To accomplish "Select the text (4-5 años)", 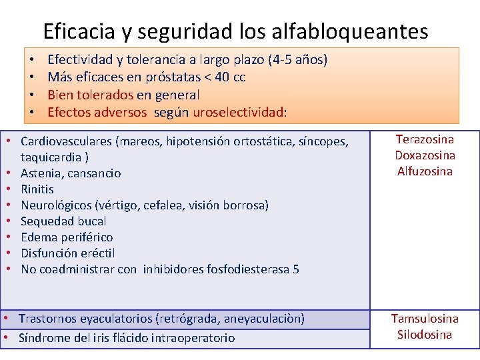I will pyautogui.click(x=297, y=61).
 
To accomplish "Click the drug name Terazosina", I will pyautogui.click(x=425, y=139).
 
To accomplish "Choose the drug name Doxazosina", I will pyautogui.click(x=425, y=155).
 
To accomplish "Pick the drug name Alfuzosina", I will pyautogui.click(x=425, y=171).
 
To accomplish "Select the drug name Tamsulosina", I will pyautogui.click(x=425, y=319).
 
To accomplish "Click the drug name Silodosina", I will pyautogui.click(x=425, y=335).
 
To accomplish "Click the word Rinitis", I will pyautogui.click(x=37, y=189).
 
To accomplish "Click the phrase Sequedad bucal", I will pyautogui.click(x=63, y=221).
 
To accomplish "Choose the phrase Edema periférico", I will pyautogui.click(x=67, y=237).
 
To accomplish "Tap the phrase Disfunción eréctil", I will pyautogui.click(x=67, y=253).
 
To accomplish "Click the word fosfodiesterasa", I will pyautogui.click(x=253, y=269).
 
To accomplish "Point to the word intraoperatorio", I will pyautogui.click(x=193, y=338).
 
